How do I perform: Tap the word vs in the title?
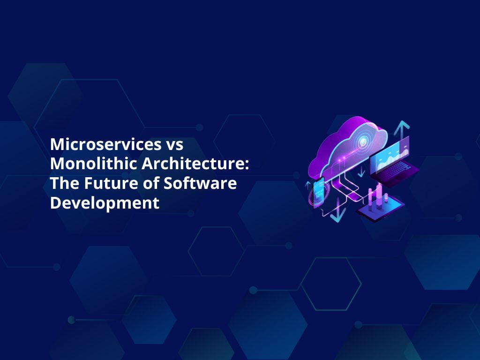pos(173,144)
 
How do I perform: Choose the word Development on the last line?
pos(105,203)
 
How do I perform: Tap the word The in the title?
pos(63,183)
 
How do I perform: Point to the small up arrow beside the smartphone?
pos(308,185)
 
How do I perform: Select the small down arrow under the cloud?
pos(361,172)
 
